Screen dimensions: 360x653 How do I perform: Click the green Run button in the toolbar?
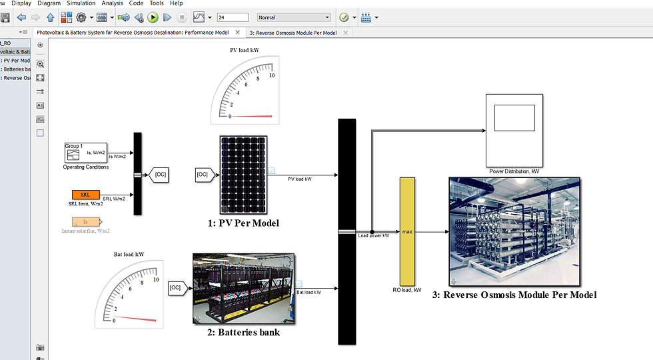(x=153, y=17)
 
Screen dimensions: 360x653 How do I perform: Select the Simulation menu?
(x=81, y=3)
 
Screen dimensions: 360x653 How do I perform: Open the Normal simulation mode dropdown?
(x=294, y=17)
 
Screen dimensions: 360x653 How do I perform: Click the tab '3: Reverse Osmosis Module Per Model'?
(x=293, y=33)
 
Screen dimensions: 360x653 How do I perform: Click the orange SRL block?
(x=85, y=195)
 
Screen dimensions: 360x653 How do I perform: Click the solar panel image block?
(x=244, y=175)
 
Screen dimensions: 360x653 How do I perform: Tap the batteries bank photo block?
(x=243, y=287)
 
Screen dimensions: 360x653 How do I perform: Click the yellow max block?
(x=407, y=231)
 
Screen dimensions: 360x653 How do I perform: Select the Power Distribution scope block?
(x=514, y=130)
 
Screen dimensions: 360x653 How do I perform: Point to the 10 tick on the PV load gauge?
(x=271, y=75)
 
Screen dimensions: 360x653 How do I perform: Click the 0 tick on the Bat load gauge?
(x=114, y=320)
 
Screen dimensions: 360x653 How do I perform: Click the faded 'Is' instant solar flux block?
(x=85, y=222)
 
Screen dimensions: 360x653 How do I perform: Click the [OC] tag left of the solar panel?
(x=204, y=175)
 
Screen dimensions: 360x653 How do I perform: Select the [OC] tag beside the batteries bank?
(x=176, y=287)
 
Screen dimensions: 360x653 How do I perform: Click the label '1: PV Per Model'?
(x=243, y=223)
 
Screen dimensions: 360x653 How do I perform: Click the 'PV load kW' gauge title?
(x=244, y=50)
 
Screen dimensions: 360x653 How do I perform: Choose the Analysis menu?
(x=112, y=3)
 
